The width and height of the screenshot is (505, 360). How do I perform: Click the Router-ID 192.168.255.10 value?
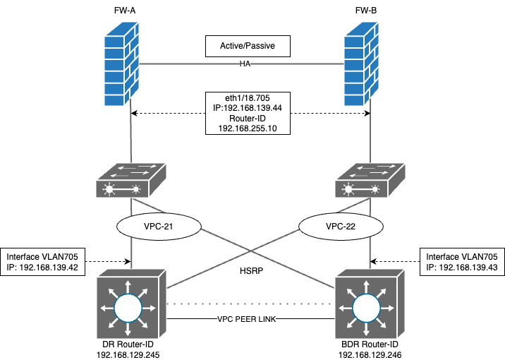pyautogui.click(x=249, y=129)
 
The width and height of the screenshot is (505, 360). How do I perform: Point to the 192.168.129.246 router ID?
pyautogui.click(x=370, y=354)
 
